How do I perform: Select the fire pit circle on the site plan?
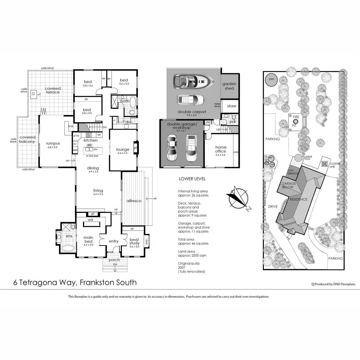click(x=296, y=122)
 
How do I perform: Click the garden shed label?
click(x=229, y=86)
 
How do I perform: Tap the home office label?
click(x=221, y=149)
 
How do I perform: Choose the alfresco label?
click(x=134, y=201)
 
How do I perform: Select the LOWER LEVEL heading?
click(x=192, y=179)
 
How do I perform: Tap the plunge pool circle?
click(x=298, y=157)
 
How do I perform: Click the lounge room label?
click(x=123, y=149)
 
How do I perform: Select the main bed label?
click(x=88, y=239)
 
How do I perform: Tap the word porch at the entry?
click(x=114, y=260)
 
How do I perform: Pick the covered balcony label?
click(x=27, y=139)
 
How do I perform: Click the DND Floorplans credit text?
click(x=334, y=284)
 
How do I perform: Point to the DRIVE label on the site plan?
click(x=273, y=207)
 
